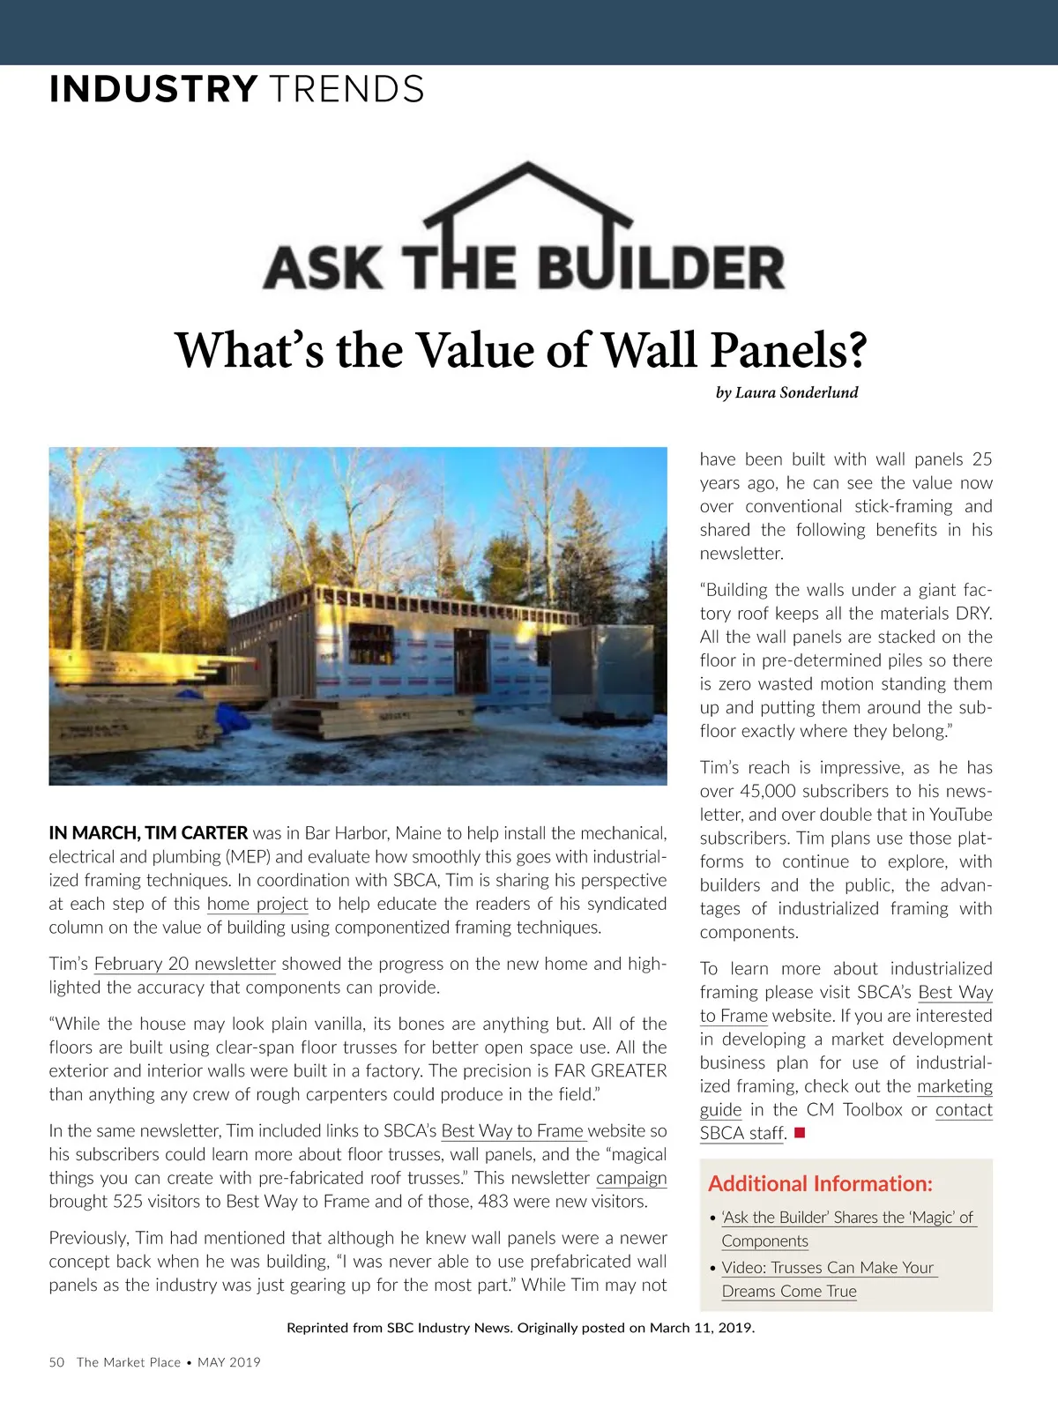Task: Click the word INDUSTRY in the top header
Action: coord(153,90)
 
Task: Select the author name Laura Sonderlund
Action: coord(796,392)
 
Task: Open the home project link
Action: coord(257,904)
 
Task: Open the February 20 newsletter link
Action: coord(185,964)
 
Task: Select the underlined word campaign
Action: coord(631,1178)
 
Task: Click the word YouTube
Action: coord(960,815)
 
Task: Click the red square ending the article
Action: coord(800,1133)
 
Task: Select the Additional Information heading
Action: coord(820,1183)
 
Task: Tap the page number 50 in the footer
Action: coord(56,1362)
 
